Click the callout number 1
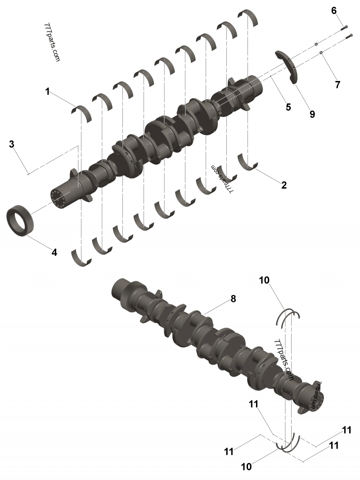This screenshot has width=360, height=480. tap(47, 91)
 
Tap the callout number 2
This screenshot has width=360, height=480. tap(283, 184)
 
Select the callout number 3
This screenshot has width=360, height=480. tap(12, 144)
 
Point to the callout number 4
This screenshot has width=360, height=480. tap(54, 252)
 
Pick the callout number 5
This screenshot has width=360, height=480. tap(288, 107)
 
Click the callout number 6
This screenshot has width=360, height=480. tap(334, 11)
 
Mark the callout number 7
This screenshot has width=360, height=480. tap(337, 84)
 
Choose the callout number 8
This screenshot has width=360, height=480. tap(233, 298)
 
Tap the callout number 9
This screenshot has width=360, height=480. tap(312, 114)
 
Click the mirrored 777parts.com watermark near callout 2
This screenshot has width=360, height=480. tap(223, 179)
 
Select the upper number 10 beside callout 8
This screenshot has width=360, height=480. tap(264, 280)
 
